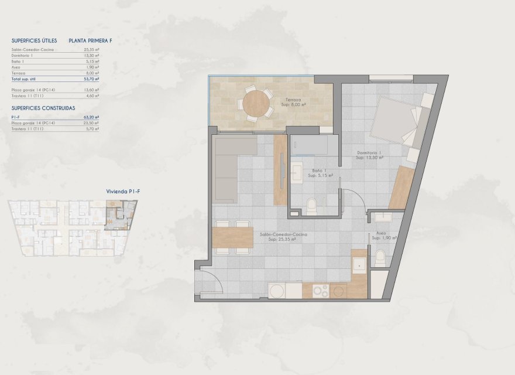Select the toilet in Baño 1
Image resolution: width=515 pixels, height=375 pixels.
tap(313, 205)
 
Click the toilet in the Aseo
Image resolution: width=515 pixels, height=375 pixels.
tap(380, 257)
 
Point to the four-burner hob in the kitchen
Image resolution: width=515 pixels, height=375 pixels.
tap(320, 291)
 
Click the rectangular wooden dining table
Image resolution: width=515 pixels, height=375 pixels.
tap(232, 237)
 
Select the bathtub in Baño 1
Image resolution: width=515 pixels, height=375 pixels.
tap(314, 145)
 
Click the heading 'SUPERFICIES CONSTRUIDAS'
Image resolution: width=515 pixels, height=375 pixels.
tap(43, 108)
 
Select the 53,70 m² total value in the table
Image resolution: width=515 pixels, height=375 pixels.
tap(92, 78)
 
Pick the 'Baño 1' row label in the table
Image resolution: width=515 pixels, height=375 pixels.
tap(18, 62)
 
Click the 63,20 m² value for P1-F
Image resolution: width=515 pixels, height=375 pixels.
tap(92, 117)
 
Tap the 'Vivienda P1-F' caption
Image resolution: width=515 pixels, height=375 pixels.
tap(122, 192)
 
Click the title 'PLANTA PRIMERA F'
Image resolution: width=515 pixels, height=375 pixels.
tap(90, 41)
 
